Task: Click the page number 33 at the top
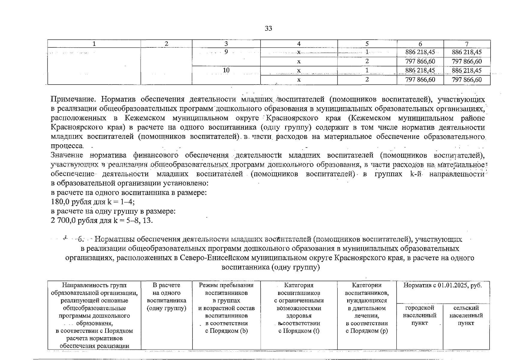pyautogui.click(x=268, y=28)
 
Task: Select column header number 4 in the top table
pyautogui.click(x=299, y=44)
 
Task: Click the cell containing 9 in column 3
pyautogui.click(x=226, y=52)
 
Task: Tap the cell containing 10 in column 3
pyautogui.click(x=226, y=70)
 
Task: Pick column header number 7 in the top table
pyautogui.click(x=467, y=44)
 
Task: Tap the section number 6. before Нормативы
pyautogui.click(x=81, y=239)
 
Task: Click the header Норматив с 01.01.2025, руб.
pyautogui.click(x=443, y=285)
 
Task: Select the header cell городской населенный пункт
pyautogui.click(x=420, y=315)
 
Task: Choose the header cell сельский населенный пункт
pyautogui.click(x=466, y=315)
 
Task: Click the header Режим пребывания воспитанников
pyautogui.click(x=226, y=289)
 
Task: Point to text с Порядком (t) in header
pyautogui.click(x=299, y=331)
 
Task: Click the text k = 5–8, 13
pyautogui.click(x=133, y=221)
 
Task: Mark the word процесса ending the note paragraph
pyautogui.click(x=67, y=146)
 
